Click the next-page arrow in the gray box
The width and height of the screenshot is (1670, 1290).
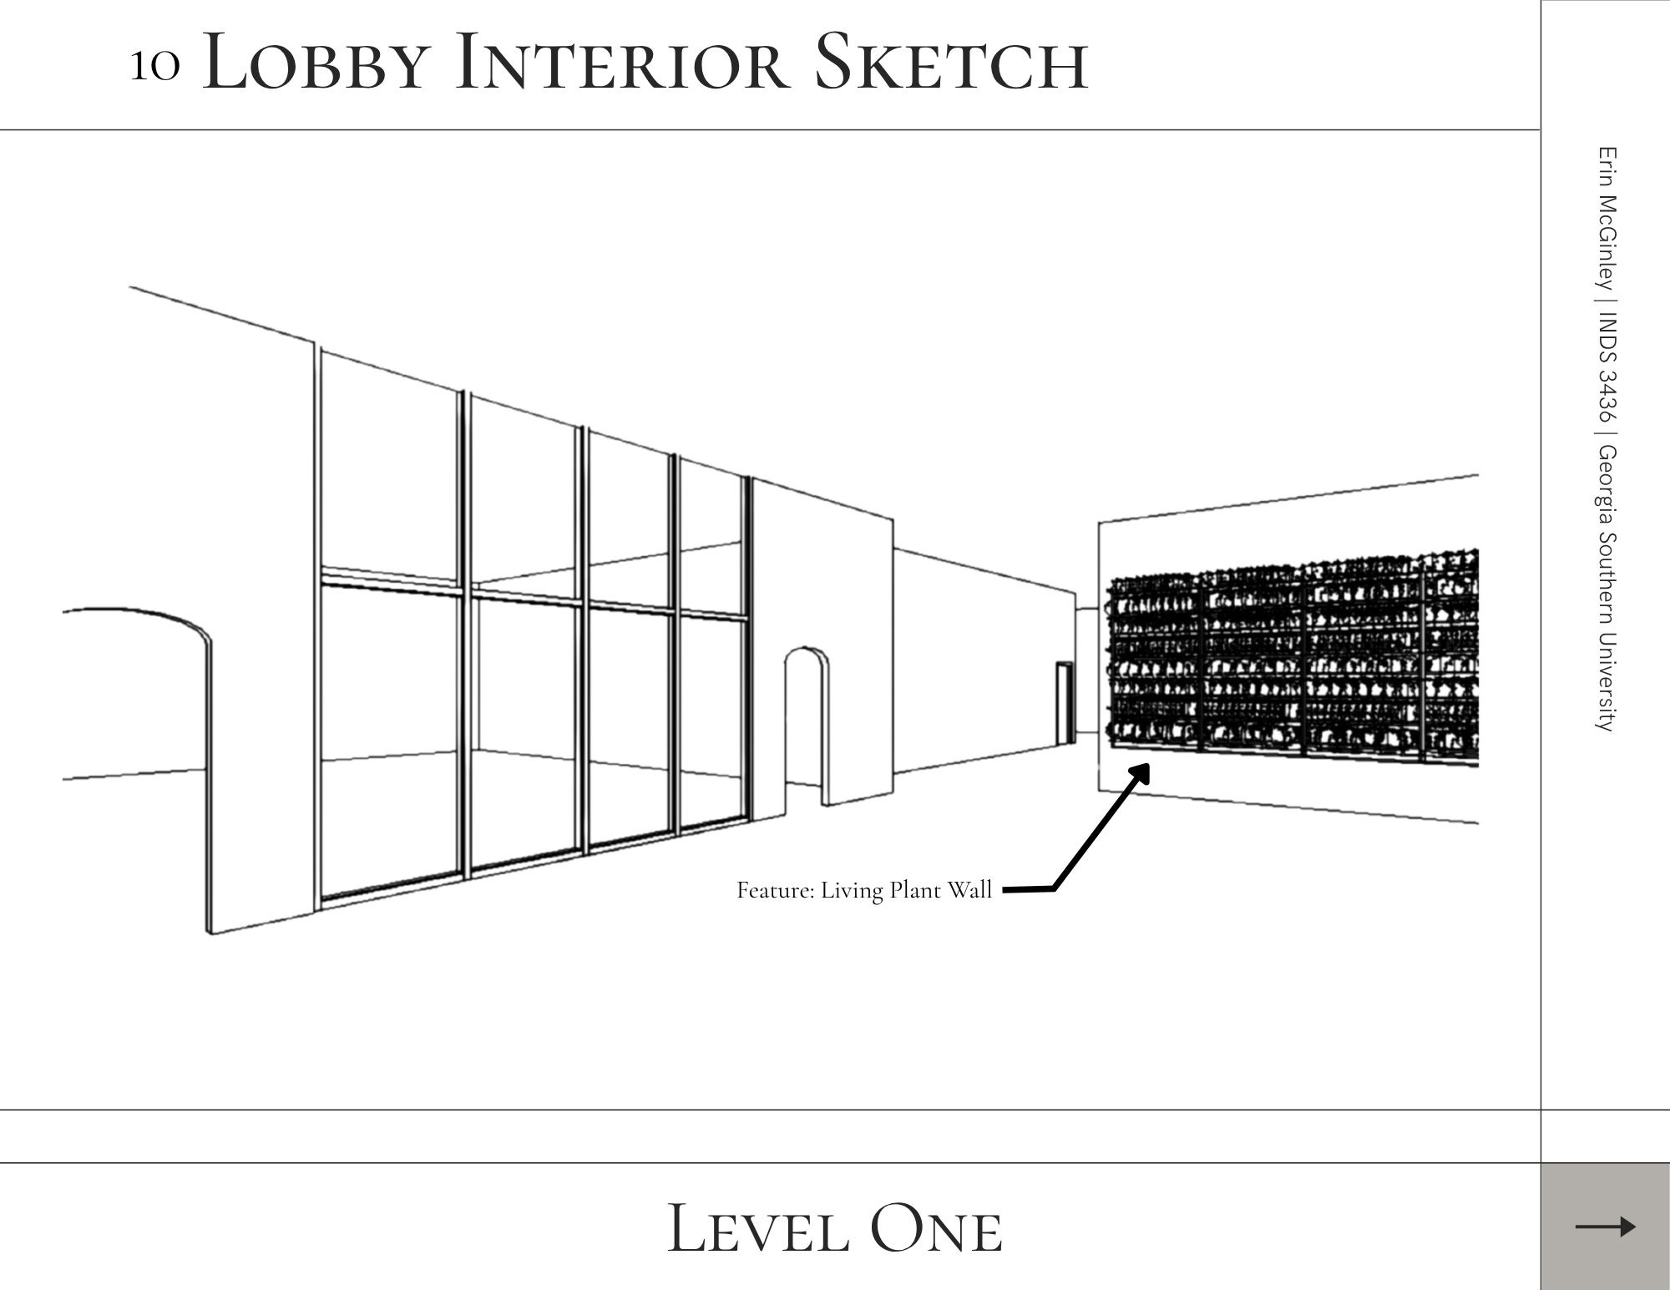point(1605,1227)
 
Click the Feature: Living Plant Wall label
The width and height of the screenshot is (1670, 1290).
point(863,891)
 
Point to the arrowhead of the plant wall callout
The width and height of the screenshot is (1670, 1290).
point(1141,772)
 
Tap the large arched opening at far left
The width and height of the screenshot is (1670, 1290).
point(134,693)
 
